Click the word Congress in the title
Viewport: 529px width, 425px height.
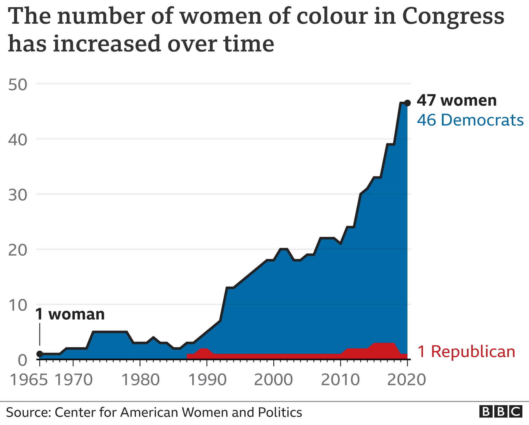453,17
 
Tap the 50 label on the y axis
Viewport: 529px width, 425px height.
18,85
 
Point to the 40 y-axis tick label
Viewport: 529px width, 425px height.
18,140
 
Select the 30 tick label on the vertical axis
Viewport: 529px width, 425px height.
18,195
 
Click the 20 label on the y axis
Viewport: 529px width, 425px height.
18,250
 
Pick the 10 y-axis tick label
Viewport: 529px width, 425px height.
18,305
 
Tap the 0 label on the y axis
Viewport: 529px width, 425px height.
23,360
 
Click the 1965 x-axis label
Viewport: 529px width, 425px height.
29,380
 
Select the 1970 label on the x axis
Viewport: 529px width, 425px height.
74,380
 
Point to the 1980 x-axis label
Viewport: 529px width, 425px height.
141,380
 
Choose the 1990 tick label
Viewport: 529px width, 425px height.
207,380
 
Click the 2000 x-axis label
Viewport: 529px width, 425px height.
273,380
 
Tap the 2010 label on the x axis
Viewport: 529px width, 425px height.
340,380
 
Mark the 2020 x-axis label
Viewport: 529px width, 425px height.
407,380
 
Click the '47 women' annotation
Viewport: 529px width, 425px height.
457,100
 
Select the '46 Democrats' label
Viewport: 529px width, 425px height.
470,120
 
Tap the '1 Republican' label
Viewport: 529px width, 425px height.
466,352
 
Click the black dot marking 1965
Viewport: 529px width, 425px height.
40,354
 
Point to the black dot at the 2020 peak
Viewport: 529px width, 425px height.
407,103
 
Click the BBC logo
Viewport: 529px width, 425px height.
501,412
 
